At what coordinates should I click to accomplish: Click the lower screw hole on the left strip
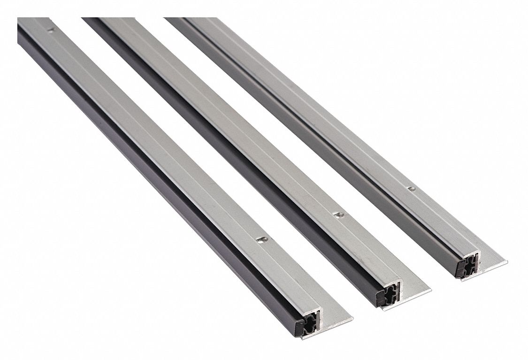coord(261,239)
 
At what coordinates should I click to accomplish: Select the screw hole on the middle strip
coord(338,214)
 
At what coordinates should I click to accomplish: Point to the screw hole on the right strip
coord(412,189)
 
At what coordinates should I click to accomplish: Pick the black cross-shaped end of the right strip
coord(466,267)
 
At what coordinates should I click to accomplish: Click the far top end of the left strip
coord(33,21)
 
